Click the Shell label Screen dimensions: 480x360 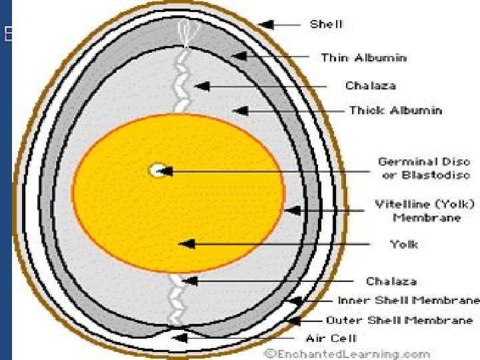[x=326, y=24]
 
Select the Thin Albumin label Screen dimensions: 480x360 [x=363, y=57]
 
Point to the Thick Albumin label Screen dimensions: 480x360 [x=395, y=109]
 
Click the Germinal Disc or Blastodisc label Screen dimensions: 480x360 [x=424, y=168]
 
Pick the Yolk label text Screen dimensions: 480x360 [x=404, y=244]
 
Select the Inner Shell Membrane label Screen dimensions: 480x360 [x=408, y=300]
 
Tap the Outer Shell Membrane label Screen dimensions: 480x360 [x=399, y=320]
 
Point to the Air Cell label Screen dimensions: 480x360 [x=331, y=338]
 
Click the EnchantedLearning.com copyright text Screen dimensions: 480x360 [x=345, y=353]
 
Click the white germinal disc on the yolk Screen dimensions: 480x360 [x=157, y=170]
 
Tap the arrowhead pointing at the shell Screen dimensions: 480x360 [x=266, y=25]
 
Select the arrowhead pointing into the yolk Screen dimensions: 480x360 [x=187, y=244]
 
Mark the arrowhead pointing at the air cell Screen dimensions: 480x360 [x=178, y=338]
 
